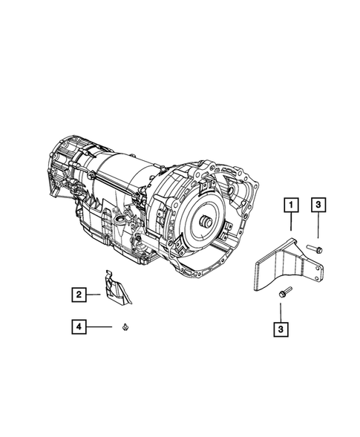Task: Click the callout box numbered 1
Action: tap(291, 205)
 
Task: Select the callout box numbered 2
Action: tap(79, 295)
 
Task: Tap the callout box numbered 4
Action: tap(79, 326)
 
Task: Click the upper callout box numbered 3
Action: tap(318, 205)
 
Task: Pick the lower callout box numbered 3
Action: tap(281, 329)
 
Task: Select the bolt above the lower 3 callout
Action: tap(285, 292)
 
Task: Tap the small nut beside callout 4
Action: tap(125, 326)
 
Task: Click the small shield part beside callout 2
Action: tap(116, 287)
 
